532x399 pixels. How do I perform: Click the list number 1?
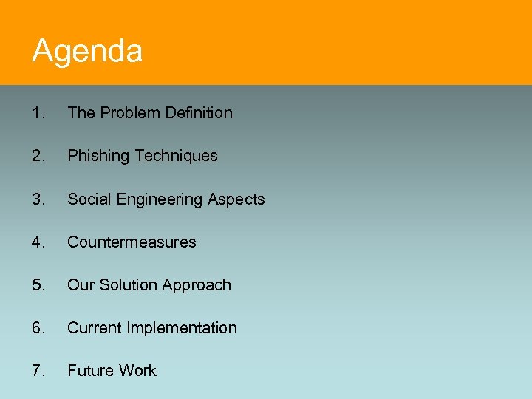(38, 113)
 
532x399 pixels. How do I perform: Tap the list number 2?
(38, 156)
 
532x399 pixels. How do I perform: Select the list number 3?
(38, 199)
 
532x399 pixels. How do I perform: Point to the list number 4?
(38, 242)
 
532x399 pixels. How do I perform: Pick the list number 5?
(38, 285)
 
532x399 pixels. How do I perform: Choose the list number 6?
(38, 328)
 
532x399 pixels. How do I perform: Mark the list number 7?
(38, 371)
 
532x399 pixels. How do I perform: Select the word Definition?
(199, 113)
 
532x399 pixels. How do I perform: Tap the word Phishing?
(98, 156)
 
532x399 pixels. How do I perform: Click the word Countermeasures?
(132, 242)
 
